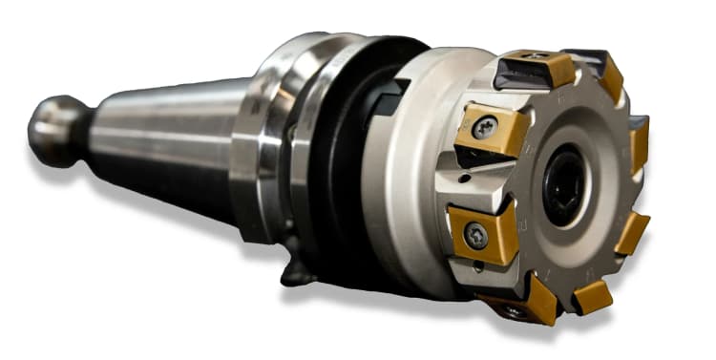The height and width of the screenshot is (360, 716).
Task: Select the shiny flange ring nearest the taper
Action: click(250, 143)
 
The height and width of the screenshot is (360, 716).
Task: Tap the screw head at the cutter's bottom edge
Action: click(516, 311)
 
